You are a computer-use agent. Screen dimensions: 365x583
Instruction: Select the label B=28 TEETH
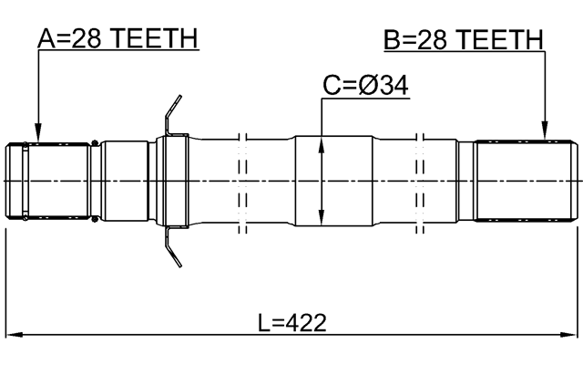[463, 38]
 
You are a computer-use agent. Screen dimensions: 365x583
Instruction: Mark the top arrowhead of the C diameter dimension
[322, 141]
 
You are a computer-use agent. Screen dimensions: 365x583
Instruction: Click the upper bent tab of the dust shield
[170, 114]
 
